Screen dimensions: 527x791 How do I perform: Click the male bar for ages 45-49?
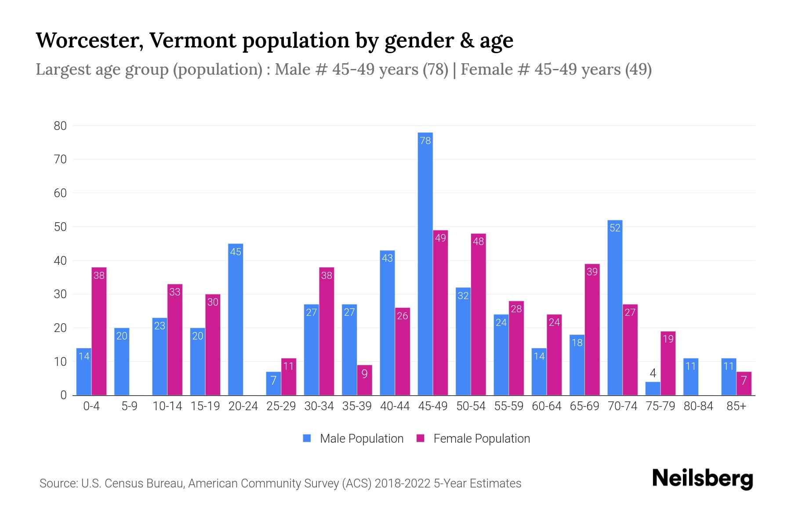[425, 263]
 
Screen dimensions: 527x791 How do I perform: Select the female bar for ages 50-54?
[478, 314]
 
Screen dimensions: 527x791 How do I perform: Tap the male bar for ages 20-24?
[236, 320]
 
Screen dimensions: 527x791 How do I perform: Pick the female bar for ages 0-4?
[99, 332]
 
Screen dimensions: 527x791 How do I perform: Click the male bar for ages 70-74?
[615, 307]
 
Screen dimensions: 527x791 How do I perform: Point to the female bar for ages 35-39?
[364, 380]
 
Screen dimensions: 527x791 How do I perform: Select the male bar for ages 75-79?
[653, 389]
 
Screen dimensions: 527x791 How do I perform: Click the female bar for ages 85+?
[744, 384]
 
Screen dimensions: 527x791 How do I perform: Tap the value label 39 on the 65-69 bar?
[592, 272]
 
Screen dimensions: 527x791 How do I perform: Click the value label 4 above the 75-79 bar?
[653, 373]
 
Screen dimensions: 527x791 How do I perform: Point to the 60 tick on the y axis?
[60, 193]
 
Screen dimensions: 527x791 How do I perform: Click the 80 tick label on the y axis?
[60, 126]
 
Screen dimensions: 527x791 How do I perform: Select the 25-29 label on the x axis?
[281, 406]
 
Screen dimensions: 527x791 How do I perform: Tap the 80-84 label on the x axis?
[698, 406]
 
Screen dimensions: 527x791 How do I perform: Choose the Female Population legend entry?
[473, 439]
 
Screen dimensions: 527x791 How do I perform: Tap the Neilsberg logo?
[702, 479]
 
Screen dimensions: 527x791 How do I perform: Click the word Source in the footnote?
[57, 484]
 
